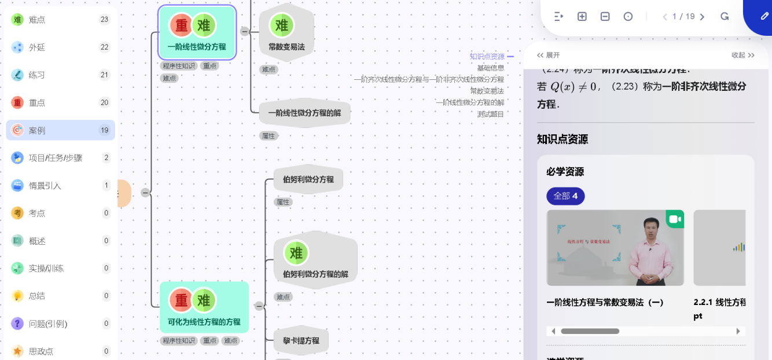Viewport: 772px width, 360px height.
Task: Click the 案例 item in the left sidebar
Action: click(x=37, y=130)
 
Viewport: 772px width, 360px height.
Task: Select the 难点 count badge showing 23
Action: click(x=104, y=20)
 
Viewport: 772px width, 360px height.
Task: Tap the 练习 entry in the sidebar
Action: click(x=37, y=75)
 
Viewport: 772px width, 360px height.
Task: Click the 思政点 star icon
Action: click(x=17, y=351)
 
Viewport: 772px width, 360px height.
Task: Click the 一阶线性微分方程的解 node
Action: click(x=304, y=113)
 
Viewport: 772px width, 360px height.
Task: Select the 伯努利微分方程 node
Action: click(x=308, y=179)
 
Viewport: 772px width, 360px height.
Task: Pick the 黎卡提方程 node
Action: click(x=301, y=341)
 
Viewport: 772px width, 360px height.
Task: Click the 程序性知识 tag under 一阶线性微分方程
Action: click(x=179, y=66)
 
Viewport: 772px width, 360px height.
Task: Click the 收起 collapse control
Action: click(x=742, y=56)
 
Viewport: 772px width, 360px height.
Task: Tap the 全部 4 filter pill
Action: click(x=565, y=196)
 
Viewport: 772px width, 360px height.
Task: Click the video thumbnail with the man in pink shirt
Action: click(x=615, y=248)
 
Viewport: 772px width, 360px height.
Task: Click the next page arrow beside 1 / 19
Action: click(x=702, y=17)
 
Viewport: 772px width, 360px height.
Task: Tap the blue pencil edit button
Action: click(x=764, y=16)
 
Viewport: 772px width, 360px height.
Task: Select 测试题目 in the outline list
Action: click(x=490, y=114)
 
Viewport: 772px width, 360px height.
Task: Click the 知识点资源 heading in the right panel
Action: click(x=563, y=139)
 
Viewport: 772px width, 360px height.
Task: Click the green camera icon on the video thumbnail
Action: click(x=674, y=219)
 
